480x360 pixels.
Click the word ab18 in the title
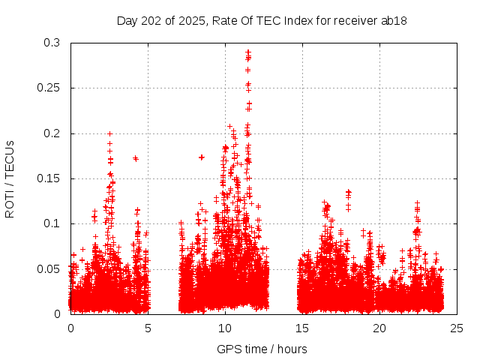tap(394, 20)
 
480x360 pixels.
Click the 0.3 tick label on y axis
tap(52, 43)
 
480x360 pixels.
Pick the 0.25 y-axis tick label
tap(49, 88)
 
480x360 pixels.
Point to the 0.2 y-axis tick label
tap(52, 133)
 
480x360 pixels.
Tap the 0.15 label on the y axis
tap(49, 178)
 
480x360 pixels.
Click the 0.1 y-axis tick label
tap(52, 223)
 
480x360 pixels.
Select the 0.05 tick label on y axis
tap(49, 268)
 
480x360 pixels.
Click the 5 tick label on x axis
tap(148, 328)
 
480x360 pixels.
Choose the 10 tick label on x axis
tap(225, 328)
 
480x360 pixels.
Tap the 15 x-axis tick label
tap(302, 328)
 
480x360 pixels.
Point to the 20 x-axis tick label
tap(379, 328)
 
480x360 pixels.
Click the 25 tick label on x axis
tap(457, 328)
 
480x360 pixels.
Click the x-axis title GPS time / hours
tap(262, 349)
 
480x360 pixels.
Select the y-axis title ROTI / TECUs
tap(10, 178)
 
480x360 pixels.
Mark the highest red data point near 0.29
tap(248, 52)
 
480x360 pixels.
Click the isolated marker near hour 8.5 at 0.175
tap(202, 157)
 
